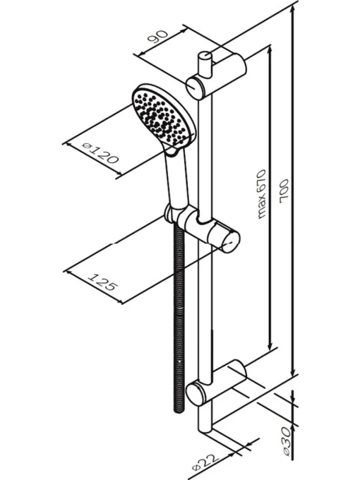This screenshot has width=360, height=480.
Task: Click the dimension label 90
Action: (158, 37)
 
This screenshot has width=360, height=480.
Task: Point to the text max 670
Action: (261, 194)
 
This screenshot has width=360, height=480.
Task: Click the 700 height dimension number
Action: (284, 192)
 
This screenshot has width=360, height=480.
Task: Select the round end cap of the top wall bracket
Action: (194, 87)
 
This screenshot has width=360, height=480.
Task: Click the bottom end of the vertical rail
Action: (205, 429)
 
